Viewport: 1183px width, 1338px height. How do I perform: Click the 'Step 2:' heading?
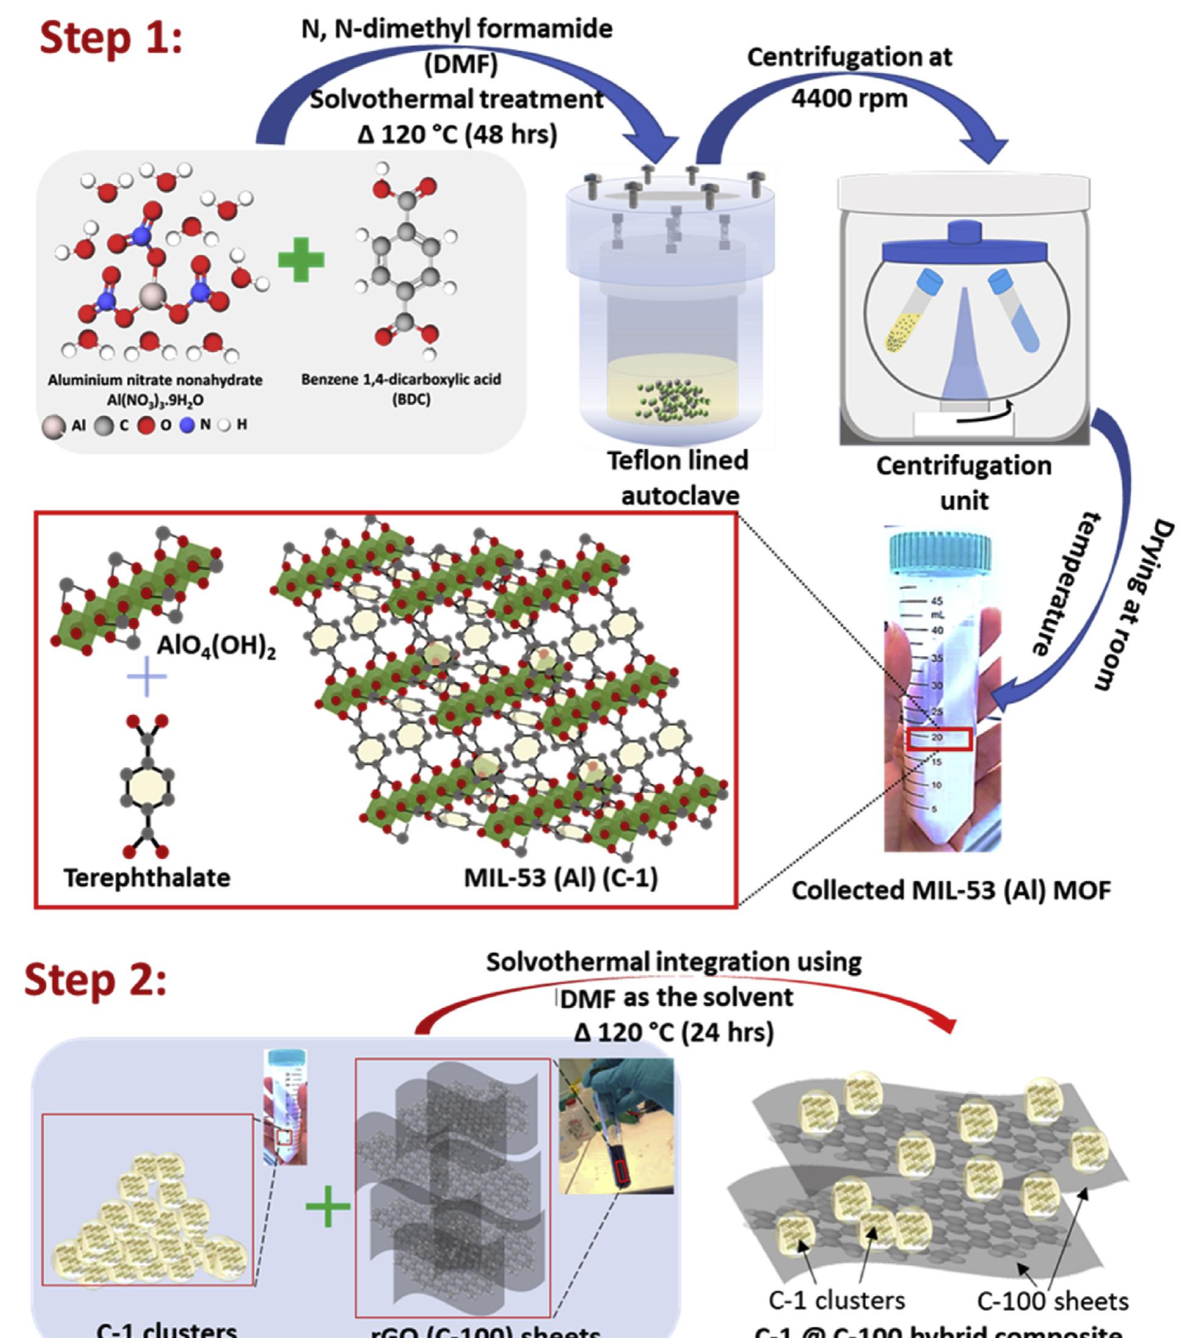pos(96,980)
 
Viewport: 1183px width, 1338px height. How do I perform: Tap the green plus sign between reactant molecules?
pos(301,260)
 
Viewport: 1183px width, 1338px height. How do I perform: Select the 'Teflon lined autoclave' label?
pos(679,478)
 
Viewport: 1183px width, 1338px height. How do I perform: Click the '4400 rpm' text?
pos(849,98)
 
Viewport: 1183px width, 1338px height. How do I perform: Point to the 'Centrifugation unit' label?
pos(964,483)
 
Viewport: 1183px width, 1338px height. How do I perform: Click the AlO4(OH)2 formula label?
pos(216,647)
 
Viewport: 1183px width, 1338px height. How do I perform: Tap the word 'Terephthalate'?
pos(147,877)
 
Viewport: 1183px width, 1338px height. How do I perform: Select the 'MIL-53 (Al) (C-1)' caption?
pos(561,877)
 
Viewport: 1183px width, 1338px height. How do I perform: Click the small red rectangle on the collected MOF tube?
pos(940,739)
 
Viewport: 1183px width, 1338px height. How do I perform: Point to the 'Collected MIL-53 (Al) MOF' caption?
pos(951,890)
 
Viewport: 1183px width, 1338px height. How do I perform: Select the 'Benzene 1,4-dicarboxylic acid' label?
pos(401,380)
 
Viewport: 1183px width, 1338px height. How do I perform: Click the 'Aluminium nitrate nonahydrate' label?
pos(155,380)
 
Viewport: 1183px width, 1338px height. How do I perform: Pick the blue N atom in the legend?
pos(188,425)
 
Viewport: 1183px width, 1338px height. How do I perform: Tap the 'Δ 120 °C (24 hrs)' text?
pos(674,1033)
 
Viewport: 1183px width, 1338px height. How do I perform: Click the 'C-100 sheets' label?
pos(1053,1301)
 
